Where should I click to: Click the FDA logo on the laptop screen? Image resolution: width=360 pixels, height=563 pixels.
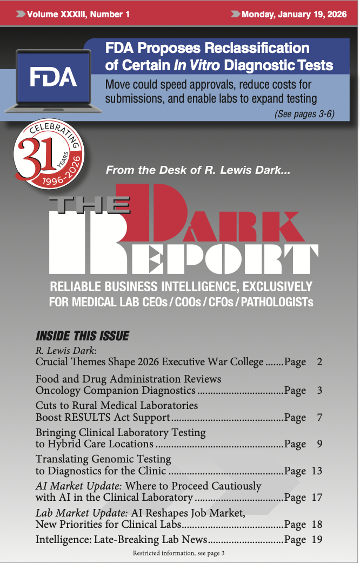tap(53, 77)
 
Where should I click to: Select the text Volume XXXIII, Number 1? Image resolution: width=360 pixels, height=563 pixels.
tap(78, 14)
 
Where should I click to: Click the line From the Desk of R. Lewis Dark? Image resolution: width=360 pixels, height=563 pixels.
tap(198, 170)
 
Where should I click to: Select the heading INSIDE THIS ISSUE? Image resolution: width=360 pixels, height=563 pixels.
tap(82, 336)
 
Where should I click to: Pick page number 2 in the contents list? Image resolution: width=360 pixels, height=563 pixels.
tap(319, 362)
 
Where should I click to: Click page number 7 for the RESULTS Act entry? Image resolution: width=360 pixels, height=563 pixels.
tap(319, 418)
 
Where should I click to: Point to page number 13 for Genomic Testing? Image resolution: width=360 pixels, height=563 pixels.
tap(317, 471)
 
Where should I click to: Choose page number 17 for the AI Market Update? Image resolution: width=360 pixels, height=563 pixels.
tap(317, 498)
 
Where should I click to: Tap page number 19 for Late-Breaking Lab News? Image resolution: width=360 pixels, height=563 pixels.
tap(317, 539)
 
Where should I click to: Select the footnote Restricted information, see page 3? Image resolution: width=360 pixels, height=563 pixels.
tap(178, 553)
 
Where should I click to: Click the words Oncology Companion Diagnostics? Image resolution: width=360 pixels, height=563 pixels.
tap(115, 390)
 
